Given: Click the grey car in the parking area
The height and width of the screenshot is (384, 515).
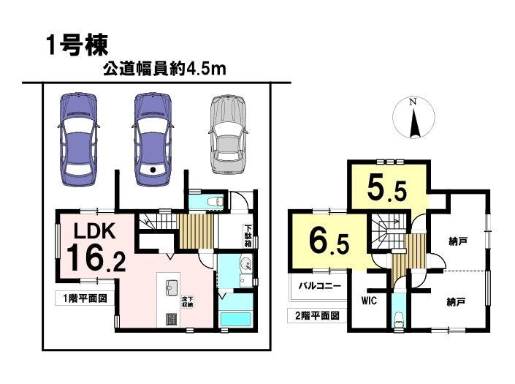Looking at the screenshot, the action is pyautogui.click(x=229, y=135).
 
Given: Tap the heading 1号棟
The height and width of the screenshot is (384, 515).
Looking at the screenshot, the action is pyautogui.click(x=77, y=45).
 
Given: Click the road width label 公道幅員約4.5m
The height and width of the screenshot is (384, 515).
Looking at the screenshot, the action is pyautogui.click(x=164, y=69).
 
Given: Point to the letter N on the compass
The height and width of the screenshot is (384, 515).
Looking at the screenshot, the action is pyautogui.click(x=413, y=102).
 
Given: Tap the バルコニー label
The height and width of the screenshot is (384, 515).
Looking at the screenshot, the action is pyautogui.click(x=319, y=286).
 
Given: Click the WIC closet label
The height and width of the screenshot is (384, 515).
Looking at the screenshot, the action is pyautogui.click(x=369, y=301).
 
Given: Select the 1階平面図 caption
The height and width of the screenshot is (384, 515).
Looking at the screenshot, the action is pyautogui.click(x=85, y=298).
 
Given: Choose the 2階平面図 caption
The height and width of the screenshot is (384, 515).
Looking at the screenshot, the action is pyautogui.click(x=317, y=316).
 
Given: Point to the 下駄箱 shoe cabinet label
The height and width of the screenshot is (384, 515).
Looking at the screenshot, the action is pyautogui.click(x=248, y=236).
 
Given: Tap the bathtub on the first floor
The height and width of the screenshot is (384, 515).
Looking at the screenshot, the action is pyautogui.click(x=236, y=319).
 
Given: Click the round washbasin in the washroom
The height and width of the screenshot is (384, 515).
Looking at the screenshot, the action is pyautogui.click(x=245, y=264).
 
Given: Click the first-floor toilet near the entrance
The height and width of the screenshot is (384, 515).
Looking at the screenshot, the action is pyautogui.click(x=215, y=200).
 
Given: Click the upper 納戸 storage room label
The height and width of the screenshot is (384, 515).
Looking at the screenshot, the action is pyautogui.click(x=458, y=242).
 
